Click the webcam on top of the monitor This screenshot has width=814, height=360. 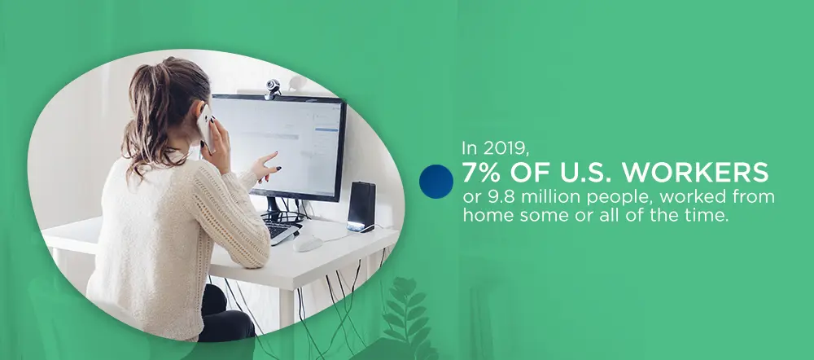tap(273, 89)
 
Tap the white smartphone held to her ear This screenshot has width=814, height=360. tap(206, 128)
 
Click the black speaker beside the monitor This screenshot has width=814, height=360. tap(361, 206)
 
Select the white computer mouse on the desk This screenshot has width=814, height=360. tap(308, 243)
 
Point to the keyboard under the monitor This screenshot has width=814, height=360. tap(281, 230)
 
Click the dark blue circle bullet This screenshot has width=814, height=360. tap(436, 182)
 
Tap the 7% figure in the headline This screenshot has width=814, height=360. tap(483, 173)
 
